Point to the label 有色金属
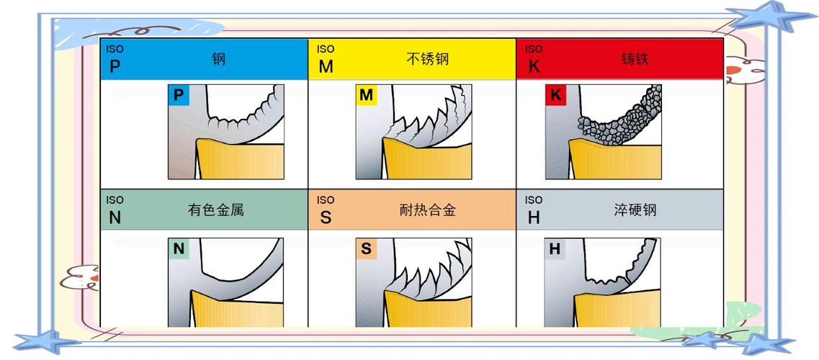216,210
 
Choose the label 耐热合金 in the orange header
427,210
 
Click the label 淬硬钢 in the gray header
635,210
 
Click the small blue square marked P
179,95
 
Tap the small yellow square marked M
367,95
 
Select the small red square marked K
555,95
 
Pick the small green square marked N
179,249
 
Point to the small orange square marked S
367,249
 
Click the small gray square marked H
555,249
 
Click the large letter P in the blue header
115,67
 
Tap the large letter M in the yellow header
326,67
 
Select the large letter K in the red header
534,67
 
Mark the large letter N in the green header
115,218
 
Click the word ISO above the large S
326,199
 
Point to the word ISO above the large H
534,199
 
